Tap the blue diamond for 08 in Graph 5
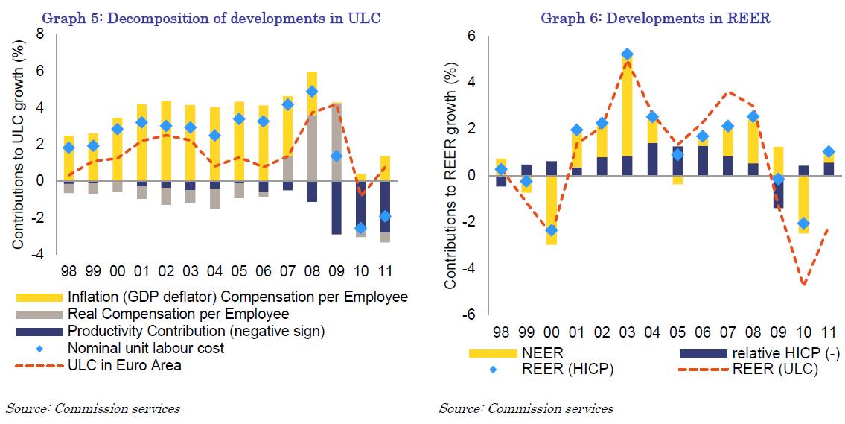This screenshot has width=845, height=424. (312, 92)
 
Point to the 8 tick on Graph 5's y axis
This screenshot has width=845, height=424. (40, 34)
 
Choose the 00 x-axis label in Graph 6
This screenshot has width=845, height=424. (551, 330)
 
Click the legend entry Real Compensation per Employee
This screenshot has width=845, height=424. (178, 314)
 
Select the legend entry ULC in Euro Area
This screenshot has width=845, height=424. (124, 365)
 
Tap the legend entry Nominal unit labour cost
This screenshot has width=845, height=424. (145, 348)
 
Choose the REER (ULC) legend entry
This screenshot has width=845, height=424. (776, 369)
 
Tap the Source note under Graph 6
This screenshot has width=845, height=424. (526, 408)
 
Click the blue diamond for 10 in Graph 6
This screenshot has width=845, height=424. (803, 223)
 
